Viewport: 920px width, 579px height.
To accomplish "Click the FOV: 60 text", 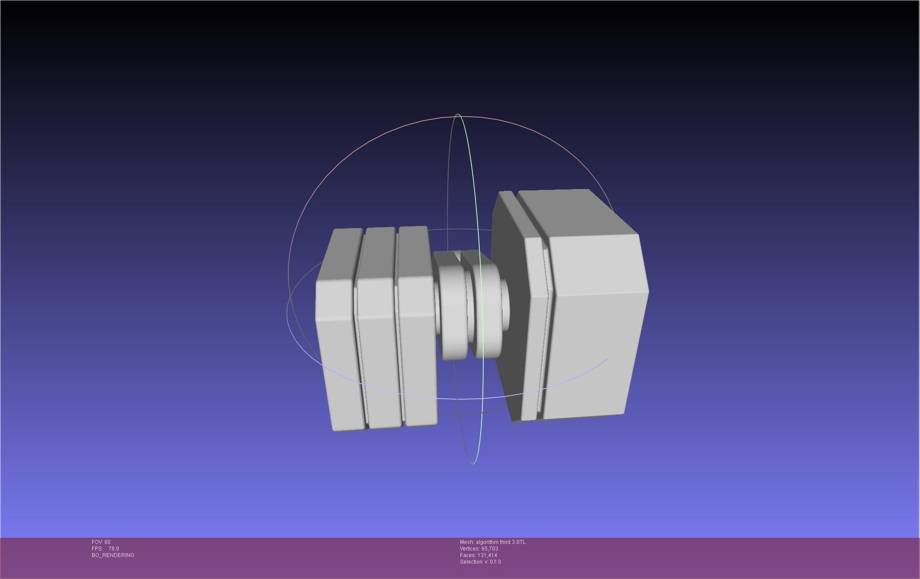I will coord(101,542).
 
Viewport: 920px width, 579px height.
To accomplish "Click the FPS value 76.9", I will coord(113,549).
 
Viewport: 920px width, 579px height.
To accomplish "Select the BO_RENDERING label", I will coord(113,555).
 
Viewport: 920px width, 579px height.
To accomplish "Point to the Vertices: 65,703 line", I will coord(479,549).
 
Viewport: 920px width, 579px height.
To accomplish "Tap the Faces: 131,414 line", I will coord(478,555).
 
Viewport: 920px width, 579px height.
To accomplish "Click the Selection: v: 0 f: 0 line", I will coord(480,562).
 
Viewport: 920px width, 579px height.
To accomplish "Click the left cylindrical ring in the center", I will coord(452,316).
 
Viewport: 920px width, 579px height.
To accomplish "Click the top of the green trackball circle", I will coord(458,115).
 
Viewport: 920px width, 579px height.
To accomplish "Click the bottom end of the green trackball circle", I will coord(473,463).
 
